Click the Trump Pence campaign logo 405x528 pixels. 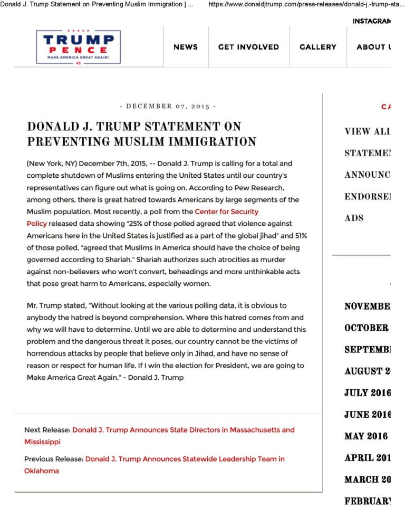(78, 47)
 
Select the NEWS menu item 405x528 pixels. (186, 47)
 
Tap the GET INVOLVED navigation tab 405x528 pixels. (248, 47)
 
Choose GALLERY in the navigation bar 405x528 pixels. (317, 47)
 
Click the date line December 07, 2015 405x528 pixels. (168, 106)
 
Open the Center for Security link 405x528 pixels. (226, 212)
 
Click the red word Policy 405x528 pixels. (37, 224)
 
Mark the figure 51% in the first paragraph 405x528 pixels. (299, 236)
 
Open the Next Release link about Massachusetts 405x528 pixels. (183, 430)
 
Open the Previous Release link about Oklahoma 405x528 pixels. (185, 459)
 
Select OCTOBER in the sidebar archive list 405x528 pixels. (366, 328)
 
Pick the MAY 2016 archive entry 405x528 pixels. (366, 436)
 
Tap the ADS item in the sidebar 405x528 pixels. (354, 218)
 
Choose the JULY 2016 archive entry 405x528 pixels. (368, 392)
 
